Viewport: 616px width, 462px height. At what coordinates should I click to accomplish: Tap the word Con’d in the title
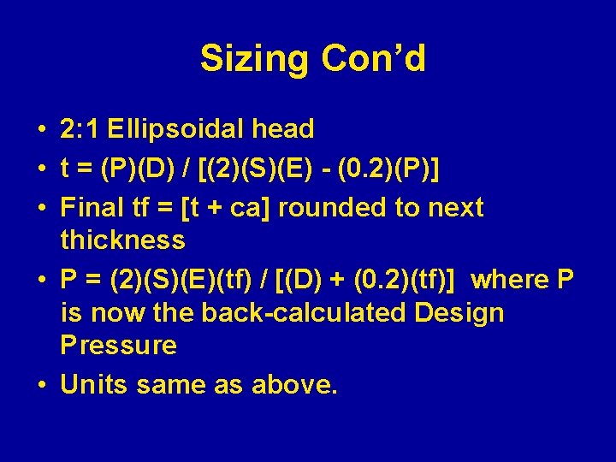coord(373,59)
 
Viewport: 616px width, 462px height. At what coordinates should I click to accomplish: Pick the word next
coord(456,207)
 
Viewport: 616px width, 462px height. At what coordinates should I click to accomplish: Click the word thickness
coord(122,240)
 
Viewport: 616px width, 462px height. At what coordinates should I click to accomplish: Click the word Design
coord(459,313)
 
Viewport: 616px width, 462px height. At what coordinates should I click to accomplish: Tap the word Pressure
coord(118,346)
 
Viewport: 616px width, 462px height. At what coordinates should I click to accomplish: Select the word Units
coord(91,385)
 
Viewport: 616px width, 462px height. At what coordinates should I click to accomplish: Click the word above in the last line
coord(294,385)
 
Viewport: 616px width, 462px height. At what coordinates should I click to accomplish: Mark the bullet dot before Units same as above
coord(41,386)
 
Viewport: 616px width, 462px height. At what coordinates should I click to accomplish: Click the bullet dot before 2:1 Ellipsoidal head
coord(41,130)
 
